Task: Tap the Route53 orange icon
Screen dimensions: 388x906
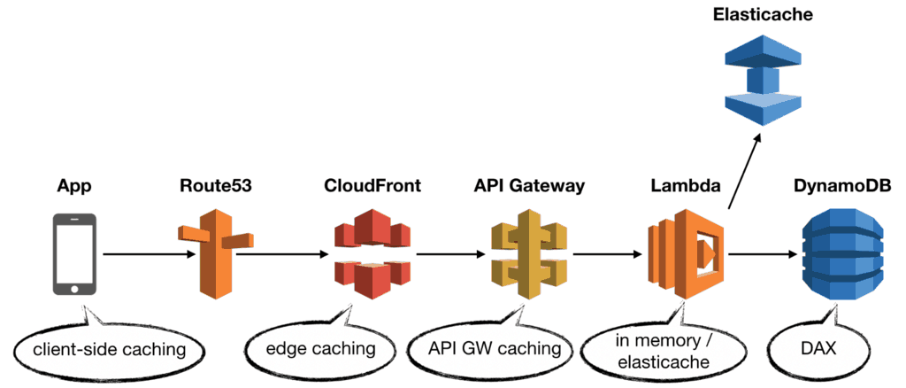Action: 215,252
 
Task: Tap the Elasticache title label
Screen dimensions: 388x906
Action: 762,14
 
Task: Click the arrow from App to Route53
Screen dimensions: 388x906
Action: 149,255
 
